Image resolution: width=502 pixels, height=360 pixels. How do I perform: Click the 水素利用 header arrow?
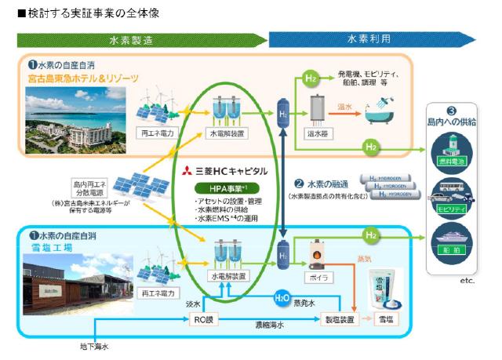(x=369, y=39)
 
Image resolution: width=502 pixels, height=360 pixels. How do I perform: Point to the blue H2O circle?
(x=281, y=299)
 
